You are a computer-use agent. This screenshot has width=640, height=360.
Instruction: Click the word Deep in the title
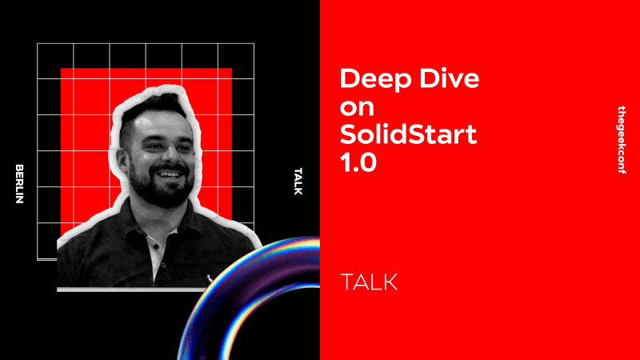pos(367,79)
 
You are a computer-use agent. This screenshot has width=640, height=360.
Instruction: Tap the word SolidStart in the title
pos(408,134)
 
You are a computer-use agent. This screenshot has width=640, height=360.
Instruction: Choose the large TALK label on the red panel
pos(369,282)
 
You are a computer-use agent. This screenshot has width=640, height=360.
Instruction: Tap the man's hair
pos(156,109)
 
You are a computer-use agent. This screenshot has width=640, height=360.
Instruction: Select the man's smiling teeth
pos(170,173)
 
